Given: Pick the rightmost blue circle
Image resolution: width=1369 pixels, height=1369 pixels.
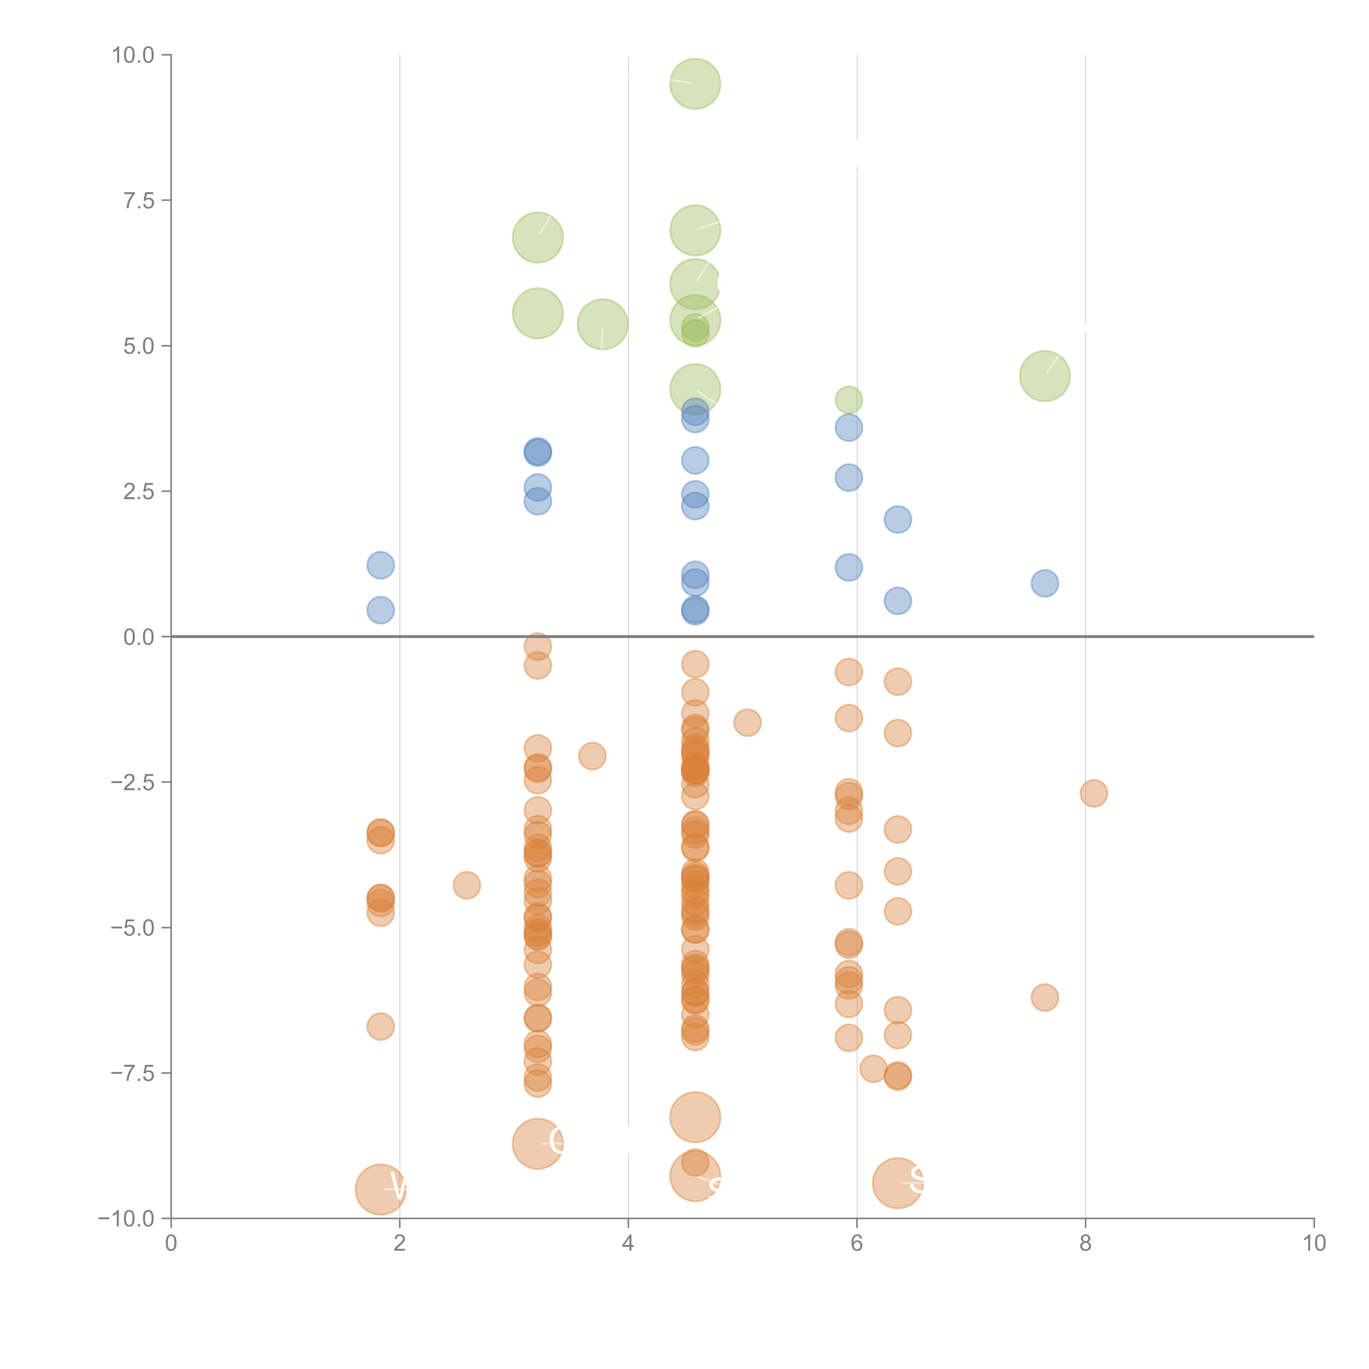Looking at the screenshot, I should point(1045,583).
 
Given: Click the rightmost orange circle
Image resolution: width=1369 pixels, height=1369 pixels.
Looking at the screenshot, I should point(1093,793).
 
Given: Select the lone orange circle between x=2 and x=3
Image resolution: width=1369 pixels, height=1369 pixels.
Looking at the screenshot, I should point(466,885).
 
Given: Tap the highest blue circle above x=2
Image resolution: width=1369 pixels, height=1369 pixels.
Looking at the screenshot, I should point(381,565).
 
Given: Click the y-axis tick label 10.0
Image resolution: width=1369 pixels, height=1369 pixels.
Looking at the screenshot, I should point(133,55).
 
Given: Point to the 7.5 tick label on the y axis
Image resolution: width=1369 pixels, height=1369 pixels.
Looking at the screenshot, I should point(139,200).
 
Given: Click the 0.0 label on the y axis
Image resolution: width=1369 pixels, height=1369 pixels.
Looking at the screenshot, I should point(139,637).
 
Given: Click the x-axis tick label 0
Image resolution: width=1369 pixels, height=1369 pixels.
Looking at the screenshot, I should point(171,1244).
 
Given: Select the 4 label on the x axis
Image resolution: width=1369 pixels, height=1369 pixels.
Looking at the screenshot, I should point(628,1244).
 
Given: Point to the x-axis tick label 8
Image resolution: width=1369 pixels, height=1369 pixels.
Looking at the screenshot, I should point(1085,1244).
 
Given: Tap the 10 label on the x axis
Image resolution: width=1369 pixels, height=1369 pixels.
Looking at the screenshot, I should point(1314,1244).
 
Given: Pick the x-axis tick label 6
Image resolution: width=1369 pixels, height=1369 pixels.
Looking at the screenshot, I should point(857,1244).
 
